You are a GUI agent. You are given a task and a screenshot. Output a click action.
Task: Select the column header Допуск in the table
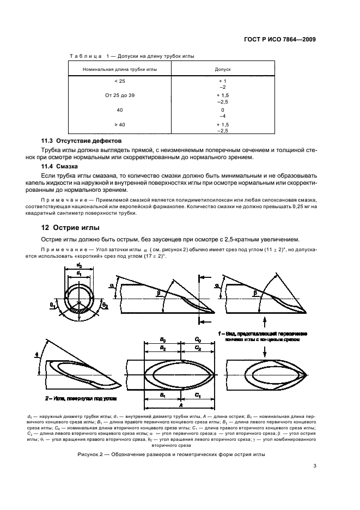coord(224,70)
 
